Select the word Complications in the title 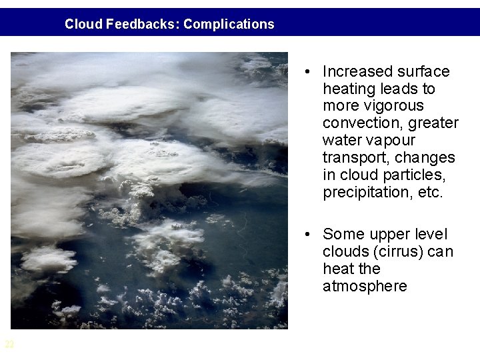pyautogui.click(x=229, y=25)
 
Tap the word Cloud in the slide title pyautogui.click(x=83, y=25)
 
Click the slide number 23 pyautogui.click(x=9, y=344)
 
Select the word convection pyautogui.click(x=356, y=123)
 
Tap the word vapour pyautogui.click(x=390, y=141)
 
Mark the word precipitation pyautogui.click(x=361, y=193)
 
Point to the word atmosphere pyautogui.click(x=364, y=286)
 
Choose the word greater pyautogui.click(x=433, y=123)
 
